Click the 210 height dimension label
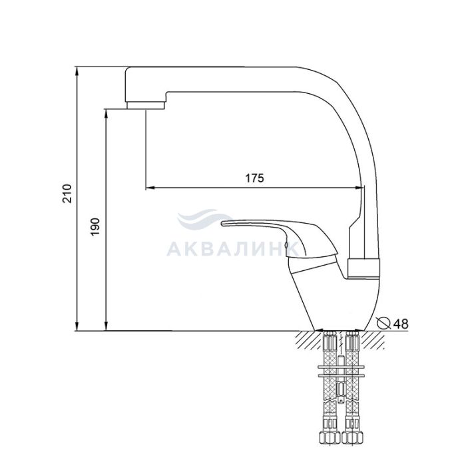pyautogui.click(x=67, y=194)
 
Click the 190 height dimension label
pyautogui.click(x=96, y=227)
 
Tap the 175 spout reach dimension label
pyautogui.click(x=254, y=178)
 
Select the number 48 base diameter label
pyautogui.click(x=401, y=324)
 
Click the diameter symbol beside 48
pyautogui.click(x=383, y=323)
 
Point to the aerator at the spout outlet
pyautogui.click(x=146, y=105)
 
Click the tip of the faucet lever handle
pyautogui.click(x=222, y=223)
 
